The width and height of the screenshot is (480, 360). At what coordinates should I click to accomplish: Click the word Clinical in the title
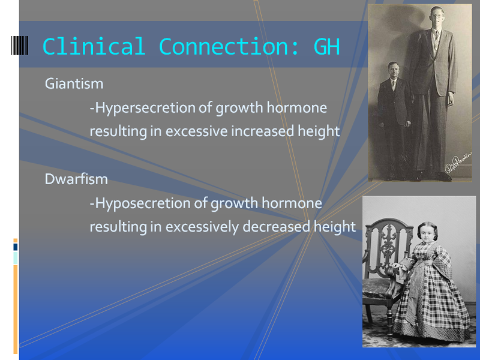[x=94, y=47]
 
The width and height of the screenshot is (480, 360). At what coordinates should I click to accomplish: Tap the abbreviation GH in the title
[x=326, y=47]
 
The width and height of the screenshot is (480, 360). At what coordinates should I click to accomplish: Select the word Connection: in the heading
[x=229, y=47]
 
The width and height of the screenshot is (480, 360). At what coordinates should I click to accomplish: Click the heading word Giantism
[x=74, y=83]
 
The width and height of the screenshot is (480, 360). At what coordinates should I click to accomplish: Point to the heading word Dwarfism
[x=76, y=179]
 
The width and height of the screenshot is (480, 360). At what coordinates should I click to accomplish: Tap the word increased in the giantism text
[x=263, y=131]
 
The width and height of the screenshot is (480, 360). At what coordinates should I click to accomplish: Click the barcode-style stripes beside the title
[x=20, y=46]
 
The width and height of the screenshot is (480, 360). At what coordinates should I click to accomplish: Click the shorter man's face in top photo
[x=393, y=71]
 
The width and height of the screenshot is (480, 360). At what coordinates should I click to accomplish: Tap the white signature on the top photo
[x=458, y=163]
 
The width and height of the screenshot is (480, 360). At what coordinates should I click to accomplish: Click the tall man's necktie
[x=436, y=41]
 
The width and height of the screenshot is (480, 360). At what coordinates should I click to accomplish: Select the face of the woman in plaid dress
[x=428, y=234]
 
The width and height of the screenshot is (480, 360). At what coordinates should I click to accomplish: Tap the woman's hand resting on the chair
[x=397, y=266]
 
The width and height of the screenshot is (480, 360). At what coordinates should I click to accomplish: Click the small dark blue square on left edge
[x=16, y=247]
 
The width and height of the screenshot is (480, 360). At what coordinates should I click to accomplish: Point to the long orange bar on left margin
[x=16, y=309]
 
